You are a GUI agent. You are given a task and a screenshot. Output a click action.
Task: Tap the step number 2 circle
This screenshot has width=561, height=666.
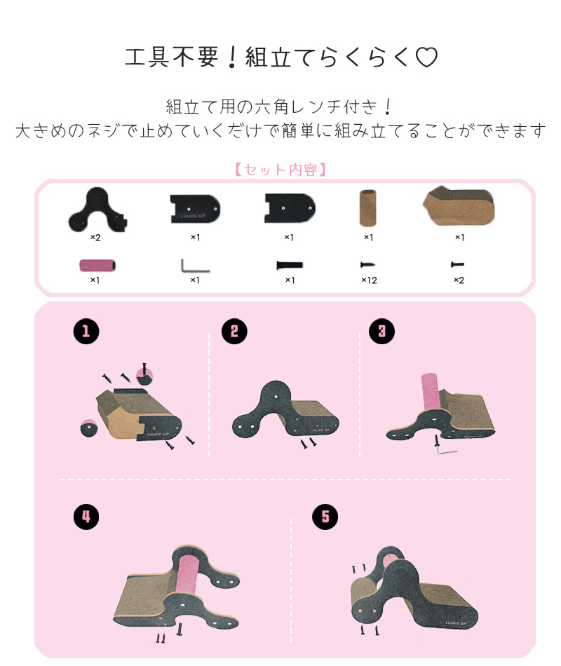click(x=234, y=332)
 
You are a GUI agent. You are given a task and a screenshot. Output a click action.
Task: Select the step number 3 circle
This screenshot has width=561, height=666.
click(x=382, y=332)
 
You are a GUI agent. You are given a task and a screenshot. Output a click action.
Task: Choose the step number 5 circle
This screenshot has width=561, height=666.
click(x=325, y=517)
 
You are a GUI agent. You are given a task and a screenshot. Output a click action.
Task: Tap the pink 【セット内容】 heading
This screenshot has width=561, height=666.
click(x=280, y=170)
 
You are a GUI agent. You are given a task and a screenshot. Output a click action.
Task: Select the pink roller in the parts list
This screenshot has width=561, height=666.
click(x=98, y=266)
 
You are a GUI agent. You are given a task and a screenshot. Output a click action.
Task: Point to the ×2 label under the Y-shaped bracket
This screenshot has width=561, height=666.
click(x=95, y=238)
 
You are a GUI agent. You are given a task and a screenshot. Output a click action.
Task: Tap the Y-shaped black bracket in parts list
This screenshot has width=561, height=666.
click(x=98, y=208)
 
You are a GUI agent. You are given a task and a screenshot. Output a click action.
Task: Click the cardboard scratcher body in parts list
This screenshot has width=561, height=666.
click(x=459, y=206)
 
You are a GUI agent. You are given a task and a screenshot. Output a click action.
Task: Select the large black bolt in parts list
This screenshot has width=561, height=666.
click(x=288, y=266)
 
